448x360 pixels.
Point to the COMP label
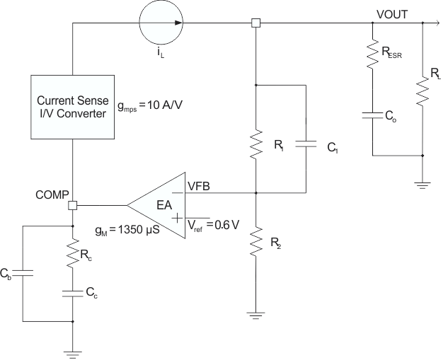(51, 193)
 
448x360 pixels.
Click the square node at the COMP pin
(72, 206)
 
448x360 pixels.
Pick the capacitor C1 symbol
(305, 145)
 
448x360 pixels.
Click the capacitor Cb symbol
(23, 273)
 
